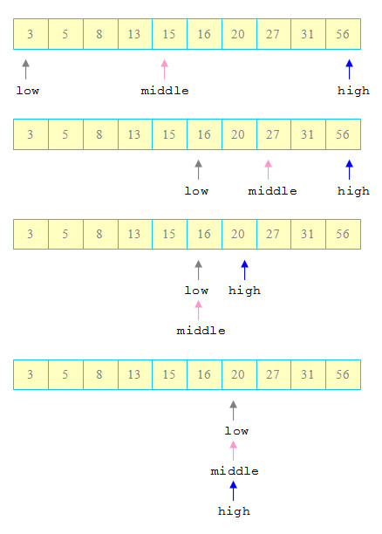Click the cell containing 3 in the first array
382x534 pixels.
pyautogui.click(x=31, y=34)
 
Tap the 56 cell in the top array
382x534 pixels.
pyautogui.click(x=343, y=34)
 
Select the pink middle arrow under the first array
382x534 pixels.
pyautogui.click(x=165, y=70)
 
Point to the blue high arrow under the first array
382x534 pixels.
pyautogui.click(x=350, y=70)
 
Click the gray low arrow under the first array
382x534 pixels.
pyautogui.click(x=26, y=70)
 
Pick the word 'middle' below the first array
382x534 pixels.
pyautogui.click(x=165, y=91)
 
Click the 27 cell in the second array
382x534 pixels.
pyautogui.click(x=274, y=134)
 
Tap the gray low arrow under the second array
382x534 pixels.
pyautogui.click(x=199, y=169)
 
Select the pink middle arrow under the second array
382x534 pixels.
pyautogui.click(x=269, y=169)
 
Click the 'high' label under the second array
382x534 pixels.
pyautogui.click(x=353, y=191)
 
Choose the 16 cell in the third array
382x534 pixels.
pyautogui.click(x=204, y=235)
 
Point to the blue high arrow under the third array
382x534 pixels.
pyautogui.click(x=244, y=270)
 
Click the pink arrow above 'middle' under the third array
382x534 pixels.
pyautogui.click(x=199, y=311)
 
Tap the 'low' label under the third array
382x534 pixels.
pyautogui.click(x=196, y=291)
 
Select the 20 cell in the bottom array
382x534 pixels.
pyautogui.click(x=239, y=374)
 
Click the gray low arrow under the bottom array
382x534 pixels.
pyautogui.click(x=233, y=410)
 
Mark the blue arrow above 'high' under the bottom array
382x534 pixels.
pyautogui.click(x=233, y=490)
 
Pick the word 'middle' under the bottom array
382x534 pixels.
pyautogui.click(x=235, y=471)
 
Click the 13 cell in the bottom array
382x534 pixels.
pyautogui.click(x=135, y=374)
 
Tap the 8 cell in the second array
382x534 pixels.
pyautogui.click(x=100, y=134)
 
